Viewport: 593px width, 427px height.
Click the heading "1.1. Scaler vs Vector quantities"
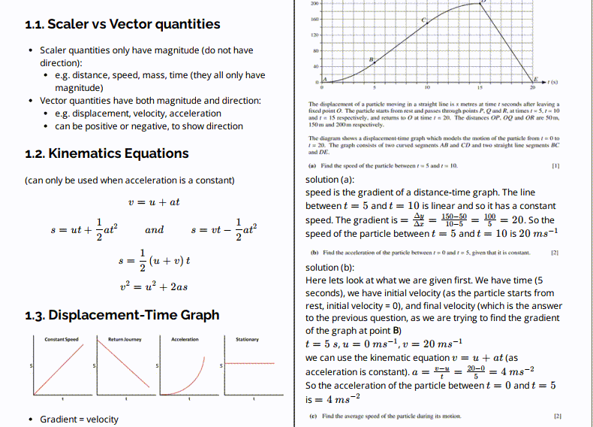click(x=122, y=24)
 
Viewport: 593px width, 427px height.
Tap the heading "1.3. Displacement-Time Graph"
click(x=122, y=315)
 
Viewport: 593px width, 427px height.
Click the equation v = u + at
click(x=153, y=202)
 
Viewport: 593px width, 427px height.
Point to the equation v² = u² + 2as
click(x=153, y=286)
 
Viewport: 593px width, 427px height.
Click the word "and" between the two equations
click(x=154, y=230)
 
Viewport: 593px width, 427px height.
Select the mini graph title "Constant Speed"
click(x=61, y=340)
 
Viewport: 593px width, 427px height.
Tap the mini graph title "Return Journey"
click(x=125, y=340)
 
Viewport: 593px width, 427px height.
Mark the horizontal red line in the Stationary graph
click(x=251, y=364)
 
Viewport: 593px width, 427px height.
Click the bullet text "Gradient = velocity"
click(x=79, y=419)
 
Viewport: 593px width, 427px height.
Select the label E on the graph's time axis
click(x=535, y=77)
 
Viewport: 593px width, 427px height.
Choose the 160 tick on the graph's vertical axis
click(x=316, y=19)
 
